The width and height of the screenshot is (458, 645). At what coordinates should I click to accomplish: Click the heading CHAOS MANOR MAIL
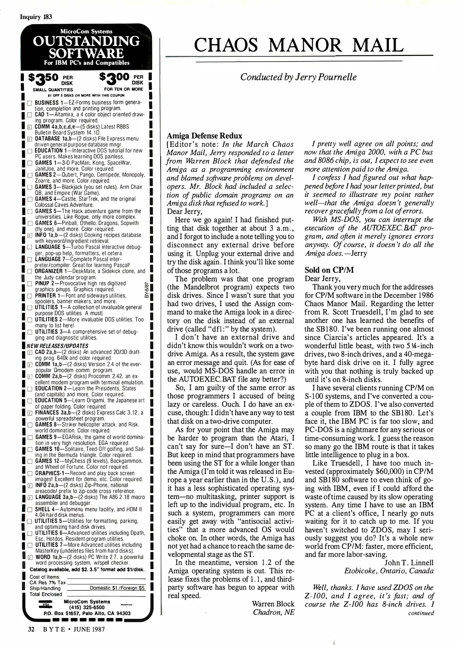pyautogui.click(x=299, y=45)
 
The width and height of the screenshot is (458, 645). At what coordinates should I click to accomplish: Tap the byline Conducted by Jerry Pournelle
pyautogui.click(x=298, y=77)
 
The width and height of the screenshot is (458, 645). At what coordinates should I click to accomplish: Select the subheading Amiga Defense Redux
pyautogui.click(x=204, y=136)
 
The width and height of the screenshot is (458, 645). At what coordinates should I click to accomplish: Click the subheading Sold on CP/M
pyautogui.click(x=329, y=270)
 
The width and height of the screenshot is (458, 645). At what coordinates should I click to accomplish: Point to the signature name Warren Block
pyautogui.click(x=273, y=603)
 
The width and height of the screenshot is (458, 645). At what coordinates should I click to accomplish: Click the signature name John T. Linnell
pyautogui.click(x=409, y=563)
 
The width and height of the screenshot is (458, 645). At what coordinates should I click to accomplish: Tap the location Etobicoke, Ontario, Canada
pyautogui.click(x=389, y=571)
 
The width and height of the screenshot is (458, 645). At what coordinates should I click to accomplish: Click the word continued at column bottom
pyautogui.click(x=421, y=613)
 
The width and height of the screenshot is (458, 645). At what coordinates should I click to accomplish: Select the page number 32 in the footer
pyautogui.click(x=31, y=629)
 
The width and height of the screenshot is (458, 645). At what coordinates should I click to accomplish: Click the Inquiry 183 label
pyautogui.click(x=36, y=17)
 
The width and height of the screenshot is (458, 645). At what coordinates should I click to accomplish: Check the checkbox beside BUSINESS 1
pyautogui.click(x=30, y=103)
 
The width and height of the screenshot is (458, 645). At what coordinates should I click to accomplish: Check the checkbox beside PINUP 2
pyautogui.click(x=30, y=284)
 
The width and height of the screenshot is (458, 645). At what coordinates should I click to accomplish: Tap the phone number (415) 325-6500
pyautogui.click(x=87, y=607)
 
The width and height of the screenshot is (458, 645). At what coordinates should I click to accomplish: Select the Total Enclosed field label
pyautogui.click(x=46, y=594)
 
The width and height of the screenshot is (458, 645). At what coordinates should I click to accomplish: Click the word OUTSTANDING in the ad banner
pyautogui.click(x=86, y=41)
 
